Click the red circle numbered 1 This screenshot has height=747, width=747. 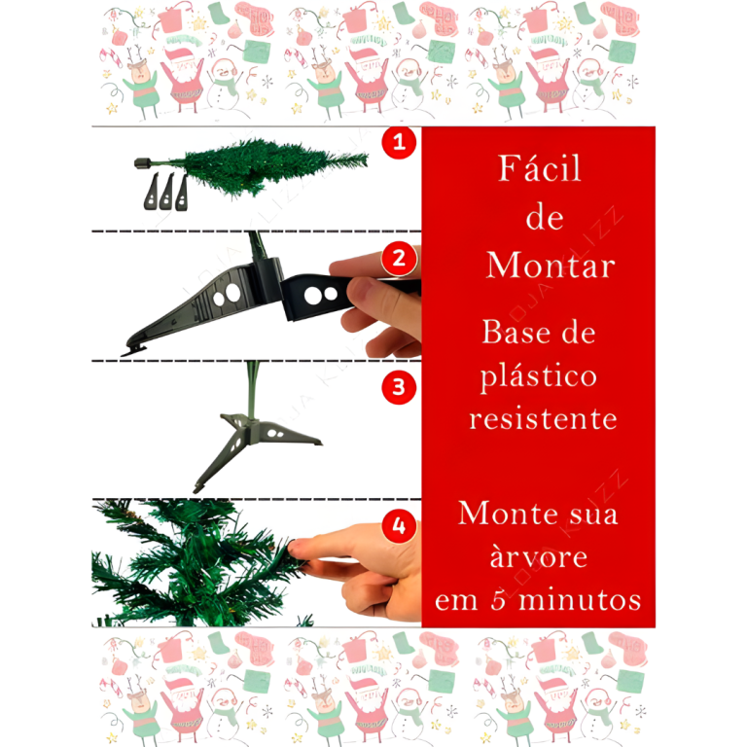click(399, 142)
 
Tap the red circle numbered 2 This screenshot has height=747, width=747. click(399, 259)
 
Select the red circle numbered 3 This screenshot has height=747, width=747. click(399, 387)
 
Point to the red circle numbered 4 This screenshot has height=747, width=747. click(399, 526)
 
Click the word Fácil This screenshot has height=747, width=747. click(540, 167)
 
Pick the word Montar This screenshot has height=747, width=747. click(551, 265)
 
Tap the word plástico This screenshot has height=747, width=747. click(538, 376)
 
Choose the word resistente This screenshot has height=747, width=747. click(543, 419)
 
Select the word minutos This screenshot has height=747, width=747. click(580, 599)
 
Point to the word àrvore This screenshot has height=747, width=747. click(539, 556)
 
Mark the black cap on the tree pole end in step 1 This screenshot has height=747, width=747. click(143, 163)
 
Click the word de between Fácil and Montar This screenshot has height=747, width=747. click(545, 218)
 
